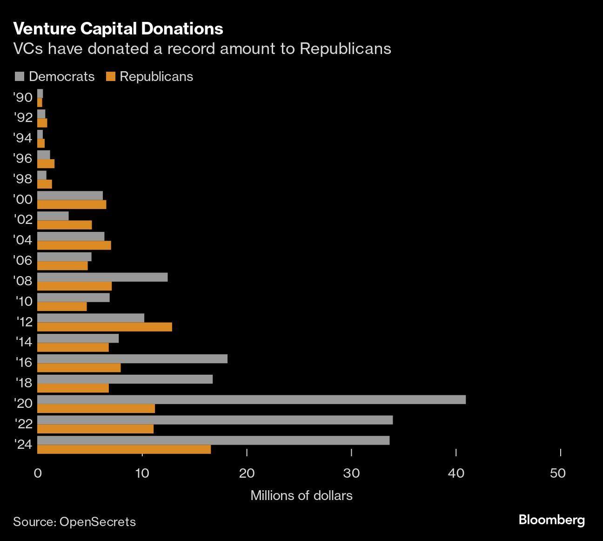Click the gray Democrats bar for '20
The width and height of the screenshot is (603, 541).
tap(251, 399)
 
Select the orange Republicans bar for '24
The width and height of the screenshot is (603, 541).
tap(124, 449)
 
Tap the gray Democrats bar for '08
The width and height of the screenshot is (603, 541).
tap(102, 277)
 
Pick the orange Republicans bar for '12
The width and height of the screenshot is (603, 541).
tap(105, 327)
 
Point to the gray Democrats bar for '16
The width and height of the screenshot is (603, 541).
tap(132, 358)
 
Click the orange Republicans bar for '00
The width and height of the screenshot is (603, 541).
tap(72, 204)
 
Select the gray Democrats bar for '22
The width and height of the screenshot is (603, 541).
tap(215, 420)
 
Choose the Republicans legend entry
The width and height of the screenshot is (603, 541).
tap(150, 77)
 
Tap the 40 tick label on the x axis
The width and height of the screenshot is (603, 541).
tap(456, 473)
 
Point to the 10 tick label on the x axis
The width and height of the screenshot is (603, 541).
tap(142, 473)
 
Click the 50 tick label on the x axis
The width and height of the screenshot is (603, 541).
tap(557, 473)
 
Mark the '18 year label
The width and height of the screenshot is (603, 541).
tap(23, 383)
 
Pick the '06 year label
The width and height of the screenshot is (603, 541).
tap(23, 260)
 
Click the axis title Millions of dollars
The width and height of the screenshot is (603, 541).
tap(301, 495)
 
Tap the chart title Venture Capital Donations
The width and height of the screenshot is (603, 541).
tap(118, 29)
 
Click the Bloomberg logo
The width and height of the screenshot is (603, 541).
tap(551, 520)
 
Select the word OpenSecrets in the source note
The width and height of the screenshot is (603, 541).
tap(98, 521)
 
